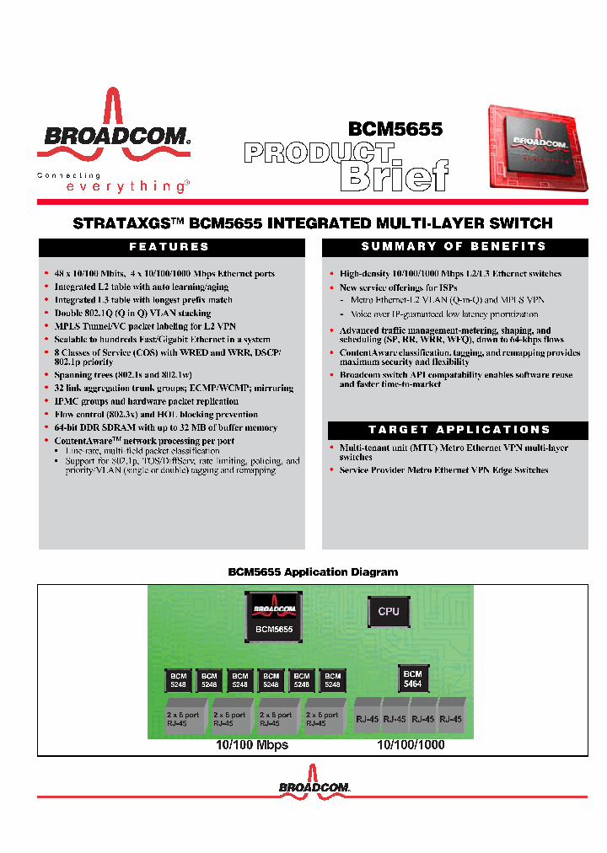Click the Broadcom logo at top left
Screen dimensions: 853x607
114,135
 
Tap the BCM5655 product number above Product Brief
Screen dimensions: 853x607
395,128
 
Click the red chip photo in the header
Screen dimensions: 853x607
534,147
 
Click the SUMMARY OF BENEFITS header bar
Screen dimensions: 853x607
454,246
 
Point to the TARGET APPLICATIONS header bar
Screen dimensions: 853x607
459,429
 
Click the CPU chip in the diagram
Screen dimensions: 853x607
388,611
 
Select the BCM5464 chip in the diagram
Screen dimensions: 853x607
412,679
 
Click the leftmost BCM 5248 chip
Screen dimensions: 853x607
179,680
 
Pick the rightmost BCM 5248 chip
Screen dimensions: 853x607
332,680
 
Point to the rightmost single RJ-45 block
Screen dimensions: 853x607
450,719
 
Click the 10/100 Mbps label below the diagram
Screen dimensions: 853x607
252,745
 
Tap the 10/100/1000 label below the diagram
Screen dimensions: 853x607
411,745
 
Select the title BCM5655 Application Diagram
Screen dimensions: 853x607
313,571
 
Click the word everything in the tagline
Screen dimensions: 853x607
126,186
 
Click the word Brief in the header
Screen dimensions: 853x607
393,175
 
